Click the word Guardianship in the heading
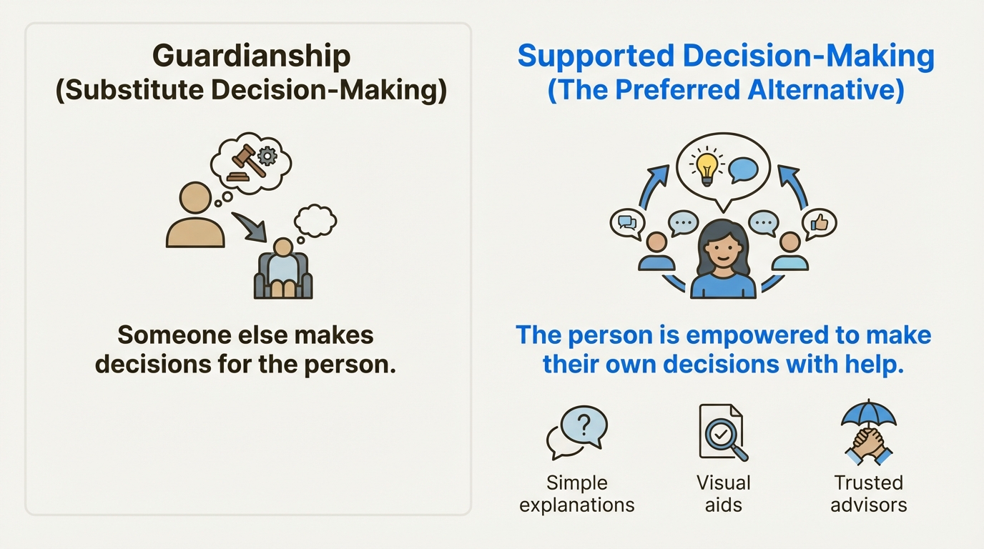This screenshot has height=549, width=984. tap(251, 57)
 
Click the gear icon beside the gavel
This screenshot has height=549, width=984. tap(267, 155)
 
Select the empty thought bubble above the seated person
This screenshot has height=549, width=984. tap(315, 220)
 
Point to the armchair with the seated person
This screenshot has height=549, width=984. tap(283, 276)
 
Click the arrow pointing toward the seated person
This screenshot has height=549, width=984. tap(250, 227)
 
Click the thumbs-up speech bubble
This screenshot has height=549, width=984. tap(819, 224)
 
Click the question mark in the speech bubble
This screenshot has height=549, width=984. tap(584, 425)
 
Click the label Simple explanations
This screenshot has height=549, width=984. tap(577, 494)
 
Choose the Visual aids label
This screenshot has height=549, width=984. tap(724, 494)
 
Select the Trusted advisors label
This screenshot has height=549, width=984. tap(868, 494)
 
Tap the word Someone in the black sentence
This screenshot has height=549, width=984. tap(174, 335)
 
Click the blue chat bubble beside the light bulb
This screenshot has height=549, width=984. tap(743, 170)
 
